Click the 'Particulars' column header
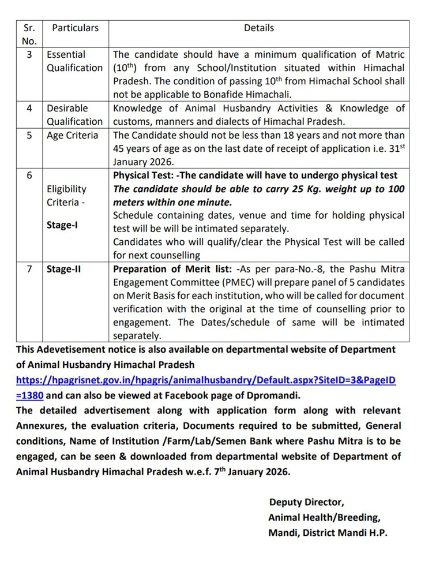76,28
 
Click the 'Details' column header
259,28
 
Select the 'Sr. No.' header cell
29,34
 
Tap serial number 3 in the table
29,55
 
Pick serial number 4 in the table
29,109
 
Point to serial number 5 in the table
29,136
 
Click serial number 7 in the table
29,269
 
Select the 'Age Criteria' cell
73,136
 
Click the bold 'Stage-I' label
62,225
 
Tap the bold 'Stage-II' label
64,269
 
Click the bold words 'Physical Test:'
142,176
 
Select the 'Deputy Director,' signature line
306,502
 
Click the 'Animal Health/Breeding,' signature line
324,518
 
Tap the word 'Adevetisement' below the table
72,349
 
